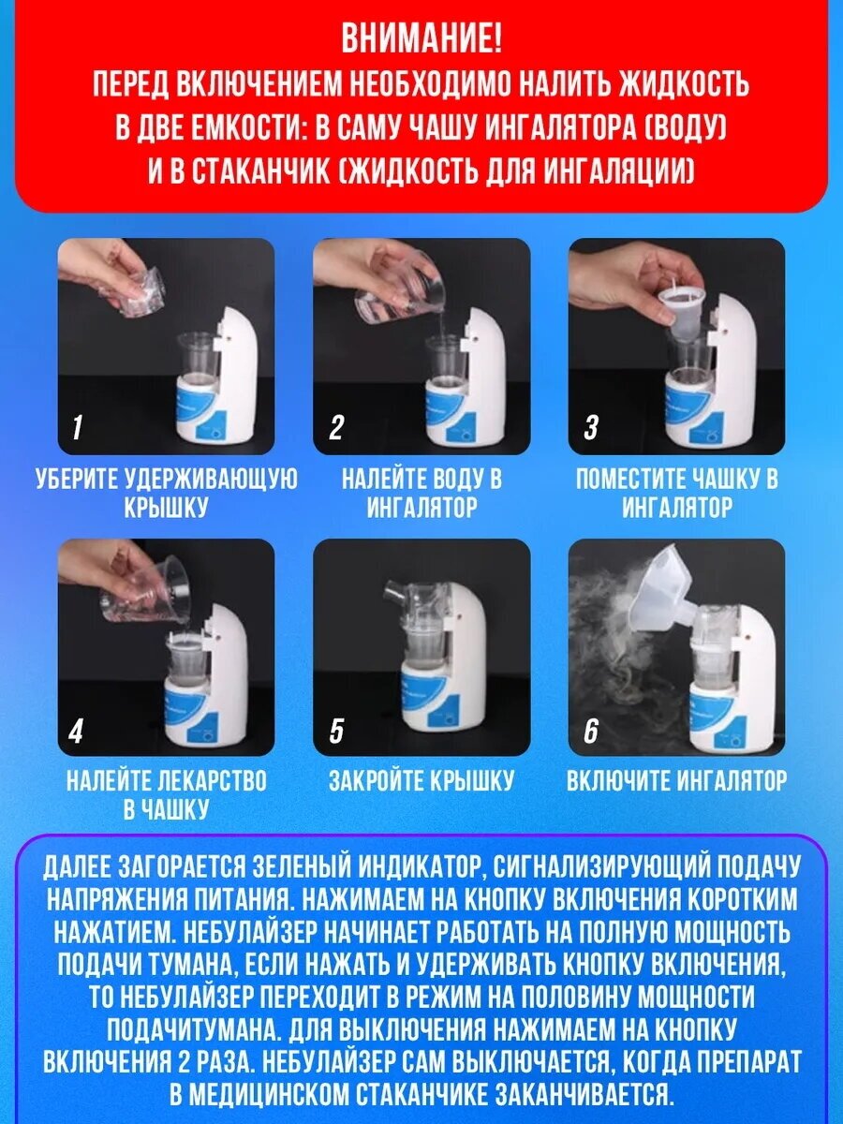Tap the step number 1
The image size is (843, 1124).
click(x=77, y=427)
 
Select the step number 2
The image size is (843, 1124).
click(x=335, y=427)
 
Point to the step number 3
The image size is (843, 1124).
click(x=591, y=427)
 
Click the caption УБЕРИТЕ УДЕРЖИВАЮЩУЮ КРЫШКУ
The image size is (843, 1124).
click(x=167, y=494)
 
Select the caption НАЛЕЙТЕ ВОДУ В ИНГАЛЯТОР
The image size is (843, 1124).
click(x=421, y=494)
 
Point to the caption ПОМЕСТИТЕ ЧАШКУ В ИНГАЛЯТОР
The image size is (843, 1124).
click(x=676, y=494)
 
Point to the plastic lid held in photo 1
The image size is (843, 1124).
click(x=139, y=293)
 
